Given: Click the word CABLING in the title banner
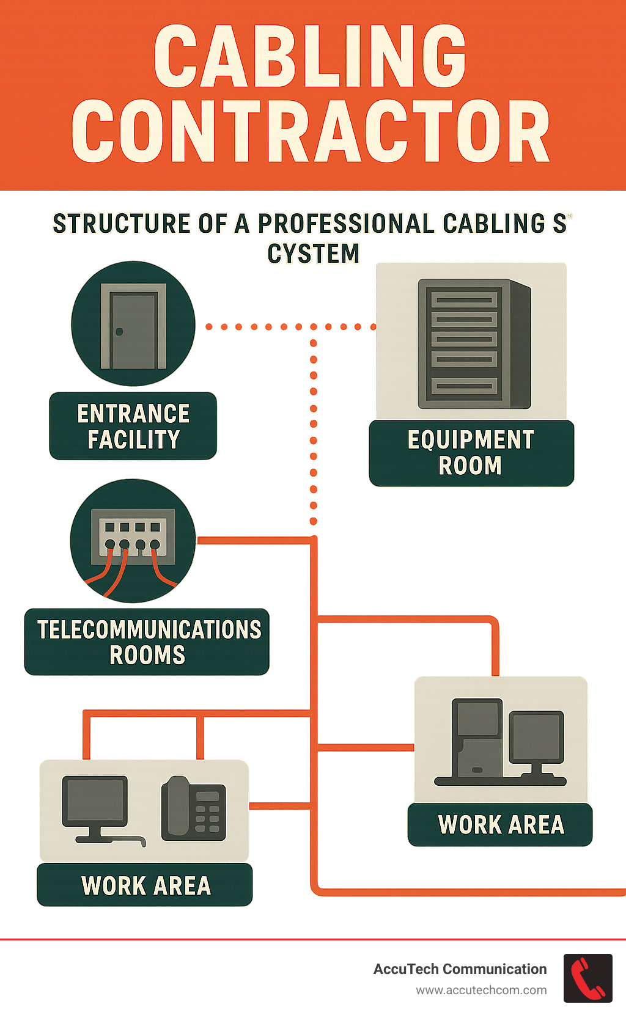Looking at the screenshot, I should pyautogui.click(x=310, y=56).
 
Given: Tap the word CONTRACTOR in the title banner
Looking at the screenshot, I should pyautogui.click(x=311, y=131).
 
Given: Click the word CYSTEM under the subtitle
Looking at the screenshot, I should pyautogui.click(x=313, y=254).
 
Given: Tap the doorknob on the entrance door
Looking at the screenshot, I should pyautogui.click(x=119, y=332).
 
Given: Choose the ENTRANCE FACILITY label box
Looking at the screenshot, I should pyautogui.click(x=133, y=426).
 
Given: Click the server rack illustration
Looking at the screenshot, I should pyautogui.click(x=474, y=343).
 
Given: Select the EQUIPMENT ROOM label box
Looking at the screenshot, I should pyautogui.click(x=471, y=453).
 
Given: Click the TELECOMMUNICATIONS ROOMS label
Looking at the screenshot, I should pyautogui.click(x=147, y=642).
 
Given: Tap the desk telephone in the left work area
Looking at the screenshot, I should pyautogui.click(x=193, y=808).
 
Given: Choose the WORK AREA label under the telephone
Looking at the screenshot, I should pyautogui.click(x=145, y=885).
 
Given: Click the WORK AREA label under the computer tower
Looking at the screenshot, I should pyautogui.click(x=500, y=825).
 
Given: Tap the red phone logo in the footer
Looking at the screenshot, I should pyautogui.click(x=587, y=978).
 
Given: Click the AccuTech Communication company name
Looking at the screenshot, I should pyautogui.click(x=460, y=969).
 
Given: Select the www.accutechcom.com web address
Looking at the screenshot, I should pyautogui.click(x=481, y=990).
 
